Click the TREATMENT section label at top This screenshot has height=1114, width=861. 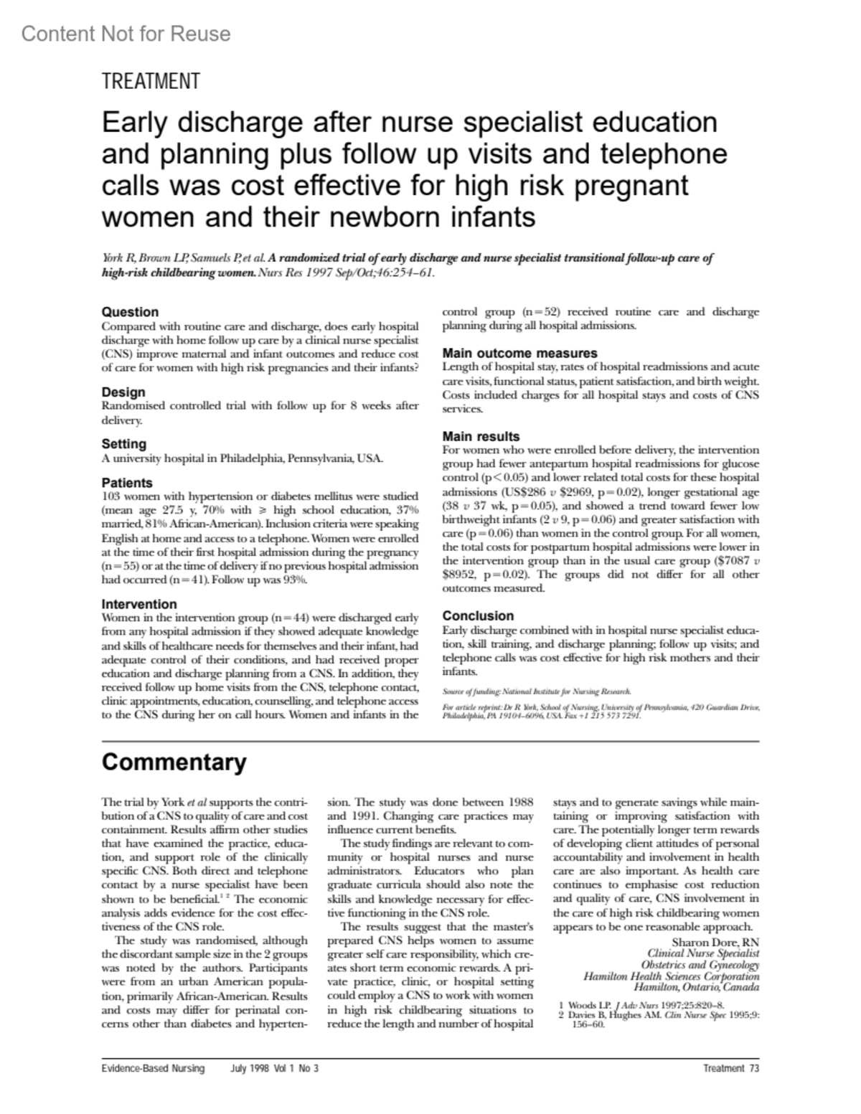click(151, 82)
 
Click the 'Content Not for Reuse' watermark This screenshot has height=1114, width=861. click(126, 34)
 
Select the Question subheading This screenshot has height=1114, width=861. click(130, 312)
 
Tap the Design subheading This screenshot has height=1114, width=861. click(123, 392)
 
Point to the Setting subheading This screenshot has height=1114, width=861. click(123, 444)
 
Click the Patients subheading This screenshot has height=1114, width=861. click(127, 483)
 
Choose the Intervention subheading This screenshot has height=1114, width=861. click(139, 604)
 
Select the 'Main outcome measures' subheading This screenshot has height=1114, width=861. click(519, 353)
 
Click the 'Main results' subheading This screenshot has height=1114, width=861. click(481, 436)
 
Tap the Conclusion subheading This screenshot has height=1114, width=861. click(478, 615)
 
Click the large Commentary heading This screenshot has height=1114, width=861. click(174, 762)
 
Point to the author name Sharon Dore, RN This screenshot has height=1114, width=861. click(715, 942)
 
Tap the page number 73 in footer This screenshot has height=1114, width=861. click(753, 1069)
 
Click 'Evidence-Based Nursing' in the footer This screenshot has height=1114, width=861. click(153, 1069)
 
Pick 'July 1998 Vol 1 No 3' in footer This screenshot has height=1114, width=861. click(275, 1069)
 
